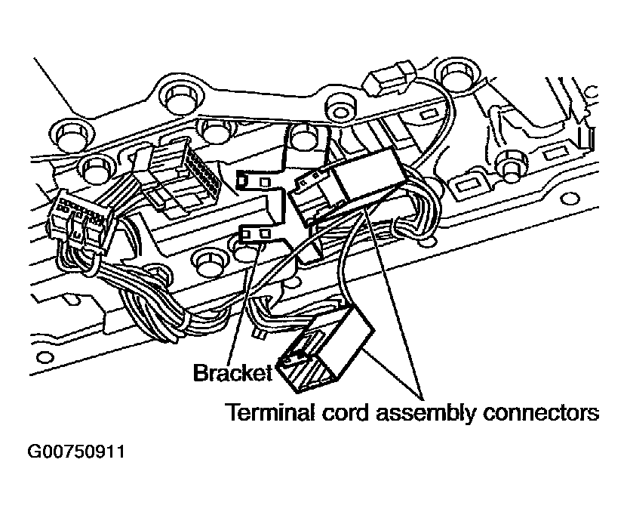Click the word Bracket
click(x=232, y=373)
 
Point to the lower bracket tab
click(x=256, y=235)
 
